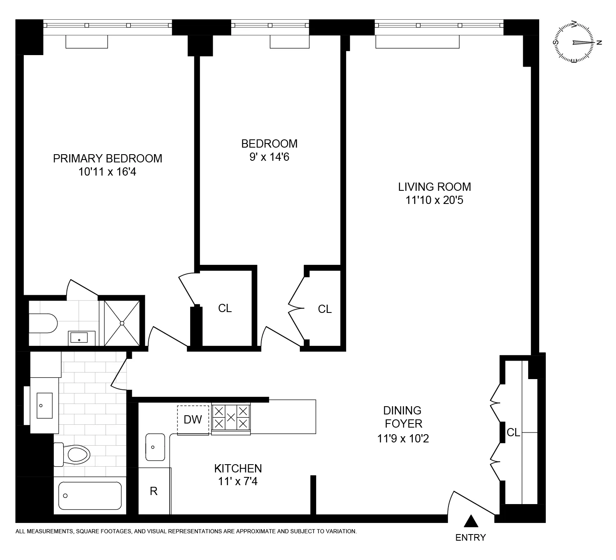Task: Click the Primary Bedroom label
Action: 108,158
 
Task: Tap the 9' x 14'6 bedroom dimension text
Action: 269,157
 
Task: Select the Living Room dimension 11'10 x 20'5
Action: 434,200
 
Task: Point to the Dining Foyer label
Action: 402,417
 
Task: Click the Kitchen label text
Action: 238,468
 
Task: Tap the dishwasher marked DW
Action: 193,419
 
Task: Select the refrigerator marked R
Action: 154,491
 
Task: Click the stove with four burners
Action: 231,417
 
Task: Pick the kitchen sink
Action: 155,447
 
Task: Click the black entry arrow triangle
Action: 471,521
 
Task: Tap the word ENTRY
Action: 471,537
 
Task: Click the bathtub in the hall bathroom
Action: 90,495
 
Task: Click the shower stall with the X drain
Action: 122,323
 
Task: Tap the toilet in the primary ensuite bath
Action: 43,323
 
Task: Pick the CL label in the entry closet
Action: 513,433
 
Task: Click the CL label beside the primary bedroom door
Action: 225,308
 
